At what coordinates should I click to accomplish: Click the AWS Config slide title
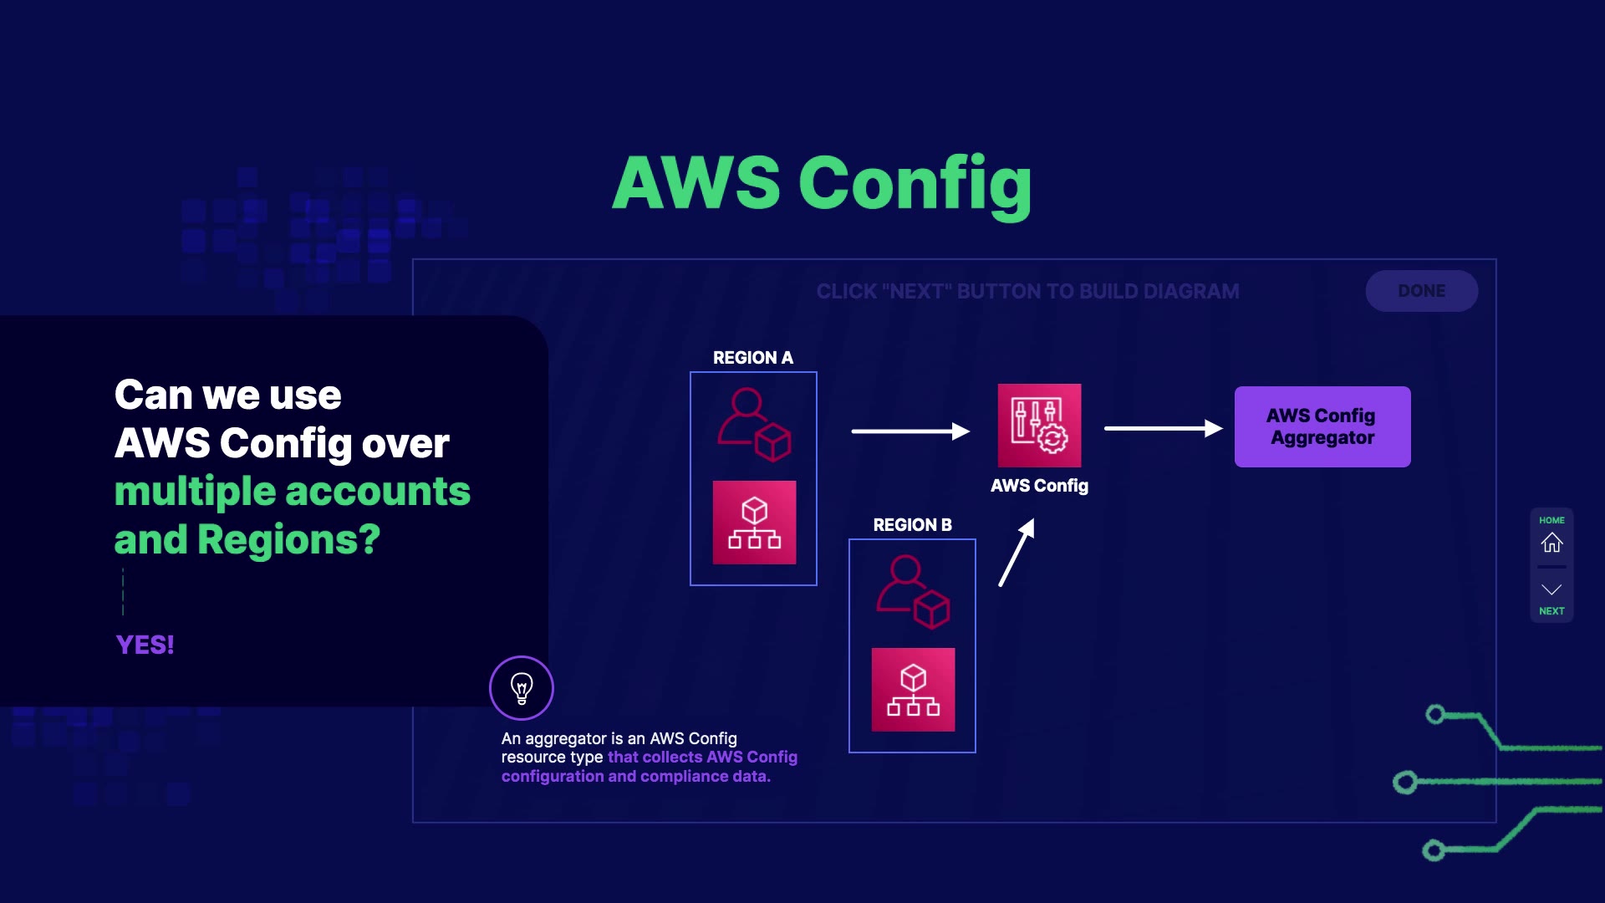pos(822,183)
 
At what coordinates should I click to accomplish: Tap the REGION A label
pos(752,358)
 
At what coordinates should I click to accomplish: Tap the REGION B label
pos(912,525)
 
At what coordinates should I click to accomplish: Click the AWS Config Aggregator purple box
pos(1322,426)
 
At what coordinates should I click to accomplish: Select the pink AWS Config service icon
pos(1039,426)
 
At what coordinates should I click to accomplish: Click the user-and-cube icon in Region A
pos(753,425)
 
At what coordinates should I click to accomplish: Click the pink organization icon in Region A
pos(754,523)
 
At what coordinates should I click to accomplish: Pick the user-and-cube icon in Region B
pos(912,592)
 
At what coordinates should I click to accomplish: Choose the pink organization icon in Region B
pos(913,690)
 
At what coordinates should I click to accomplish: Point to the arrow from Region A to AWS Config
pos(909,431)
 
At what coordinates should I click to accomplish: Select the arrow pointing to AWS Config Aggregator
pos(1163,428)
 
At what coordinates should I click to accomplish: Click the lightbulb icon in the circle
pos(522,688)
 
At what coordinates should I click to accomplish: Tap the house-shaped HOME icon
pos(1551,543)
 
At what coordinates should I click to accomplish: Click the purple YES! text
pos(145,645)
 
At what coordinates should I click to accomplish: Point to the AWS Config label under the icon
pos(1039,486)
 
